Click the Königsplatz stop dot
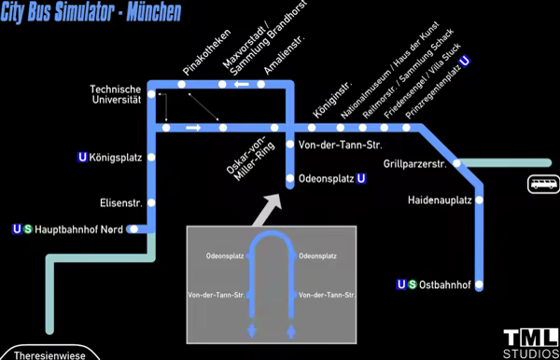[x=151, y=157]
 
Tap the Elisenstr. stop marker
[x=151, y=202]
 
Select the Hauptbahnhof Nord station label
[x=78, y=229]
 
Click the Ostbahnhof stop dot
[x=479, y=284]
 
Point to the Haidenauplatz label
[x=440, y=200]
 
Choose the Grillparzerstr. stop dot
[x=456, y=163]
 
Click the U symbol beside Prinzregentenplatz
[x=465, y=61]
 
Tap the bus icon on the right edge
[x=543, y=184]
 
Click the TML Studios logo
[x=531, y=343]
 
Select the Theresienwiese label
[x=49, y=355]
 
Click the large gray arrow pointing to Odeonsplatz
[x=267, y=210]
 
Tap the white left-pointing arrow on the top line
[x=242, y=84]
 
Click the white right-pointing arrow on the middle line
[x=193, y=128]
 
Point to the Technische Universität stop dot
[x=151, y=94]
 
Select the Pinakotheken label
[x=206, y=52]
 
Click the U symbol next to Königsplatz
[x=82, y=157]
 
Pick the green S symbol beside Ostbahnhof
[x=413, y=284]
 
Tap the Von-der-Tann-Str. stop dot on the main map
[x=290, y=145]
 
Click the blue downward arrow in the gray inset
[x=252, y=331]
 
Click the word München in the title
[x=154, y=12]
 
